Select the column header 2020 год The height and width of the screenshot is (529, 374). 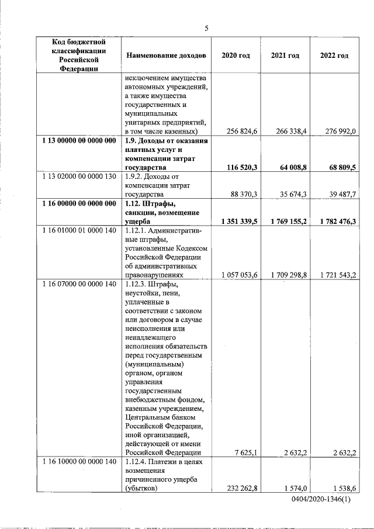236,56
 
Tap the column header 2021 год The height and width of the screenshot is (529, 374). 285,56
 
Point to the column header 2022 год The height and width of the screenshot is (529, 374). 334,56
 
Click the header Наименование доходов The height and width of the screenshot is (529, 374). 166,56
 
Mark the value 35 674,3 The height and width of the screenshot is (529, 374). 291,195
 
